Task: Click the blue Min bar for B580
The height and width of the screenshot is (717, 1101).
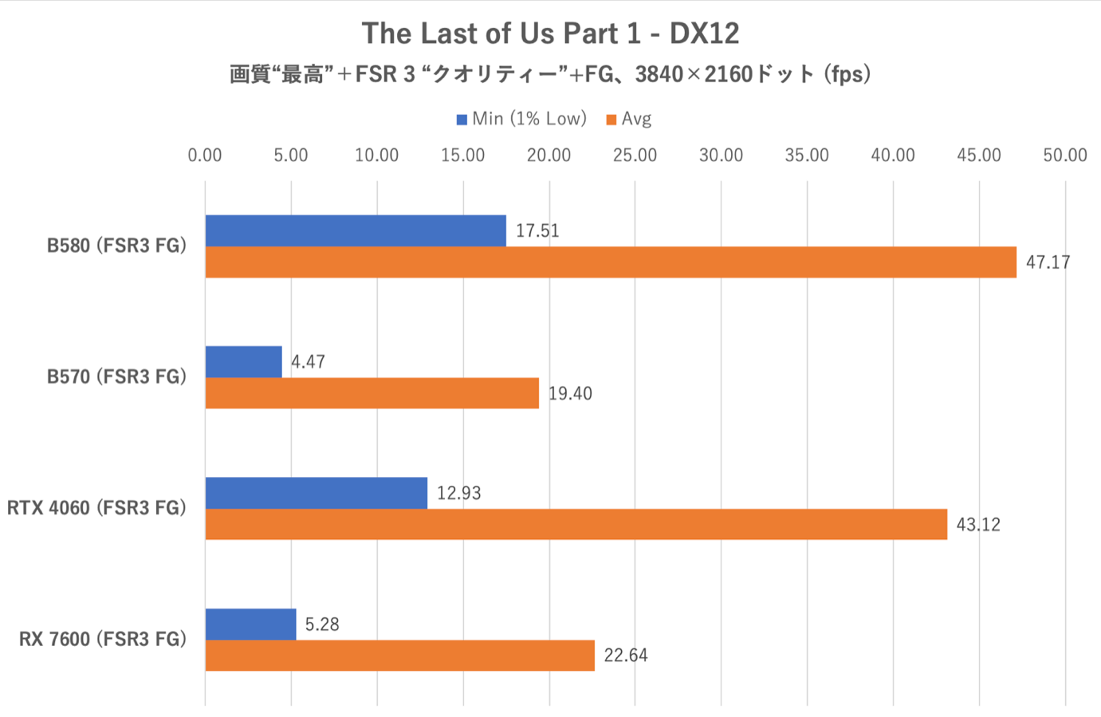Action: pyautogui.click(x=356, y=231)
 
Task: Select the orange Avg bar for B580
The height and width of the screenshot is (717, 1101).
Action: pyautogui.click(x=611, y=262)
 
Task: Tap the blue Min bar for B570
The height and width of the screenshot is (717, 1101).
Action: pyautogui.click(x=244, y=362)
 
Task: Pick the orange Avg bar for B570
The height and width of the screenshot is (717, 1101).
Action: pyautogui.click(x=372, y=393)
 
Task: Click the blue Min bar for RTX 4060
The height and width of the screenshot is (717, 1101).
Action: pyautogui.click(x=317, y=493)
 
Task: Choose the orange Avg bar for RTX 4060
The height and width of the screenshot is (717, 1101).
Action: pyautogui.click(x=576, y=524)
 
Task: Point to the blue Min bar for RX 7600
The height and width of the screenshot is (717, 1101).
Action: pyautogui.click(x=251, y=624)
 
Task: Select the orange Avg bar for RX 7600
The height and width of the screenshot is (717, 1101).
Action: pyautogui.click(x=400, y=655)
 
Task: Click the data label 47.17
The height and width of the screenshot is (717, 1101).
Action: pyautogui.click(x=1048, y=262)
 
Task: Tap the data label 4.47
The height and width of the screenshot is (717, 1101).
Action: pyautogui.click(x=308, y=362)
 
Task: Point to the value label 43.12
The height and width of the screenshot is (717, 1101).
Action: pyautogui.click(x=978, y=525)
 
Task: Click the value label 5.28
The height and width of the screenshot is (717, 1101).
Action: pyautogui.click(x=322, y=624)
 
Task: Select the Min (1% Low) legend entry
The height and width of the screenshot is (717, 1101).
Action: pyautogui.click(x=521, y=119)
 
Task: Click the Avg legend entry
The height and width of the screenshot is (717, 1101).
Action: pyautogui.click(x=629, y=119)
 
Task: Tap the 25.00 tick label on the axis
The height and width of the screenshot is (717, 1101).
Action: pyautogui.click(x=635, y=156)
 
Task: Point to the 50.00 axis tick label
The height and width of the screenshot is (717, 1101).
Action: pyautogui.click(x=1065, y=156)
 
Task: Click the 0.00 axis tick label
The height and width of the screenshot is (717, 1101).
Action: pyautogui.click(x=205, y=156)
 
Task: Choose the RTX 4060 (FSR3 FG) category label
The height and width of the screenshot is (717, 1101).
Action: pyautogui.click(x=96, y=508)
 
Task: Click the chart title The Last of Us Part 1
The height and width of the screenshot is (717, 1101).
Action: pyautogui.click(x=550, y=33)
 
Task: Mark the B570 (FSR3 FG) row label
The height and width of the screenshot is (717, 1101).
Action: pyautogui.click(x=116, y=376)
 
